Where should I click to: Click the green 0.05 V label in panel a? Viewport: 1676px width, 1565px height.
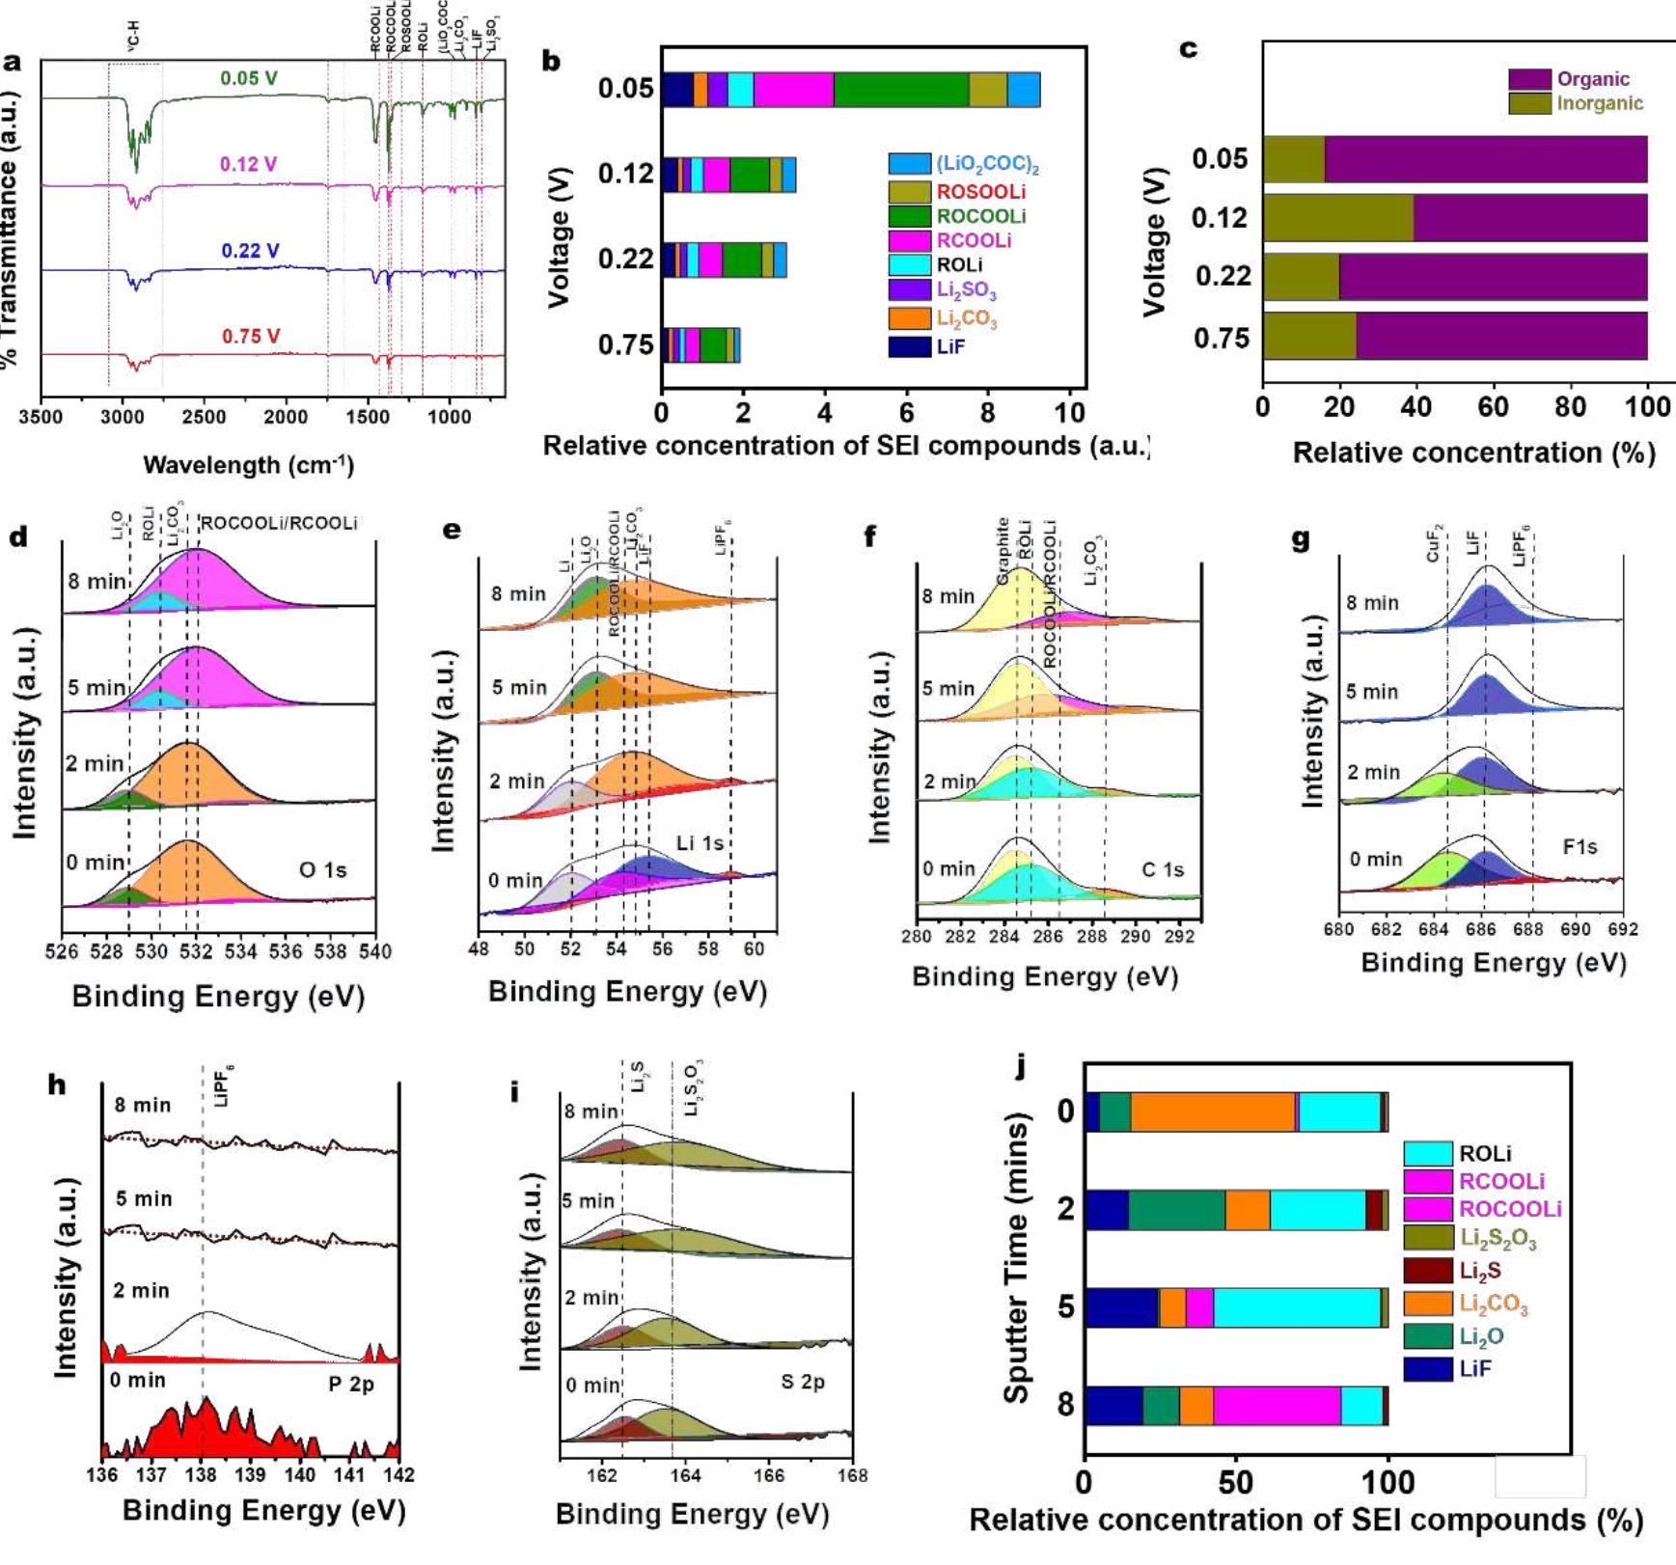coord(248,78)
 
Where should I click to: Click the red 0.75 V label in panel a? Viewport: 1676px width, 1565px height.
coord(250,337)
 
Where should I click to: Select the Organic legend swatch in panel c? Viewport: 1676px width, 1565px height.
coord(1529,79)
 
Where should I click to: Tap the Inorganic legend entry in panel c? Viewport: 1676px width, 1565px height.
coord(1599,103)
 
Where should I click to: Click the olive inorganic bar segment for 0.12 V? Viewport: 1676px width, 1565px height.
coord(1337,218)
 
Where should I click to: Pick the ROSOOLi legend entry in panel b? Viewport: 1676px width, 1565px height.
coord(980,192)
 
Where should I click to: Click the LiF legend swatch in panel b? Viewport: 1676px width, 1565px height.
coord(909,346)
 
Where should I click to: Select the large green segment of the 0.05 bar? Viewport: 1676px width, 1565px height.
coord(900,89)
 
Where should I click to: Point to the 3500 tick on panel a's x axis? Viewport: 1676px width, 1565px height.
coord(41,417)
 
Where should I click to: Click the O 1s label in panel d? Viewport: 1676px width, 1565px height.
coord(322,870)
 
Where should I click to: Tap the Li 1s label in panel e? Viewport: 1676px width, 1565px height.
coord(700,843)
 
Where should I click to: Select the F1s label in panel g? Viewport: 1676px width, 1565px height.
coord(1580,847)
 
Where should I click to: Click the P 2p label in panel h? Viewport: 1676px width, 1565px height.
coord(350,1384)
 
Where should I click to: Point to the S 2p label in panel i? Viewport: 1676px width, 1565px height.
coord(802,1382)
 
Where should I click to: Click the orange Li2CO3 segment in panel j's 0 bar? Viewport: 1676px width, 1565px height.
coord(1213,1112)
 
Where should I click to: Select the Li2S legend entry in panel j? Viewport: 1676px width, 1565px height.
coord(1479,1271)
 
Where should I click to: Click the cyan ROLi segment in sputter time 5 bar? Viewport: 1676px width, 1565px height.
coord(1296,1308)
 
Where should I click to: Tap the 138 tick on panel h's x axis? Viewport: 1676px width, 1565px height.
coord(201,1474)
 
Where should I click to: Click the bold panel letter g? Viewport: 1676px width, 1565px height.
coord(1301,539)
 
